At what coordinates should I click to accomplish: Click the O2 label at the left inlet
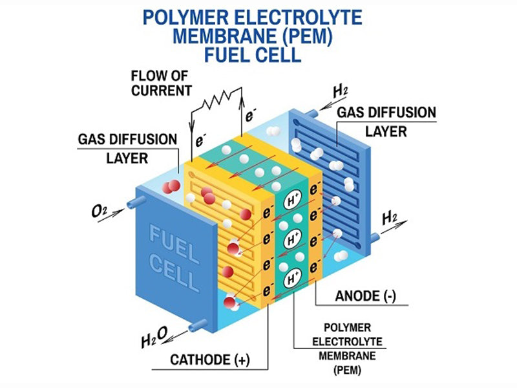point(99,211)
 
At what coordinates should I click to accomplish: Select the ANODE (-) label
point(365,297)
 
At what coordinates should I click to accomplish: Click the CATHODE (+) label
point(209,359)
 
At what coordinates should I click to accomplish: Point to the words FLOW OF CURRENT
point(162,83)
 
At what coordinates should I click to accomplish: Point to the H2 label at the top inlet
point(340,91)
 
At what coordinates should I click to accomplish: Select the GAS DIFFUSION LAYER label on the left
point(127,148)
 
